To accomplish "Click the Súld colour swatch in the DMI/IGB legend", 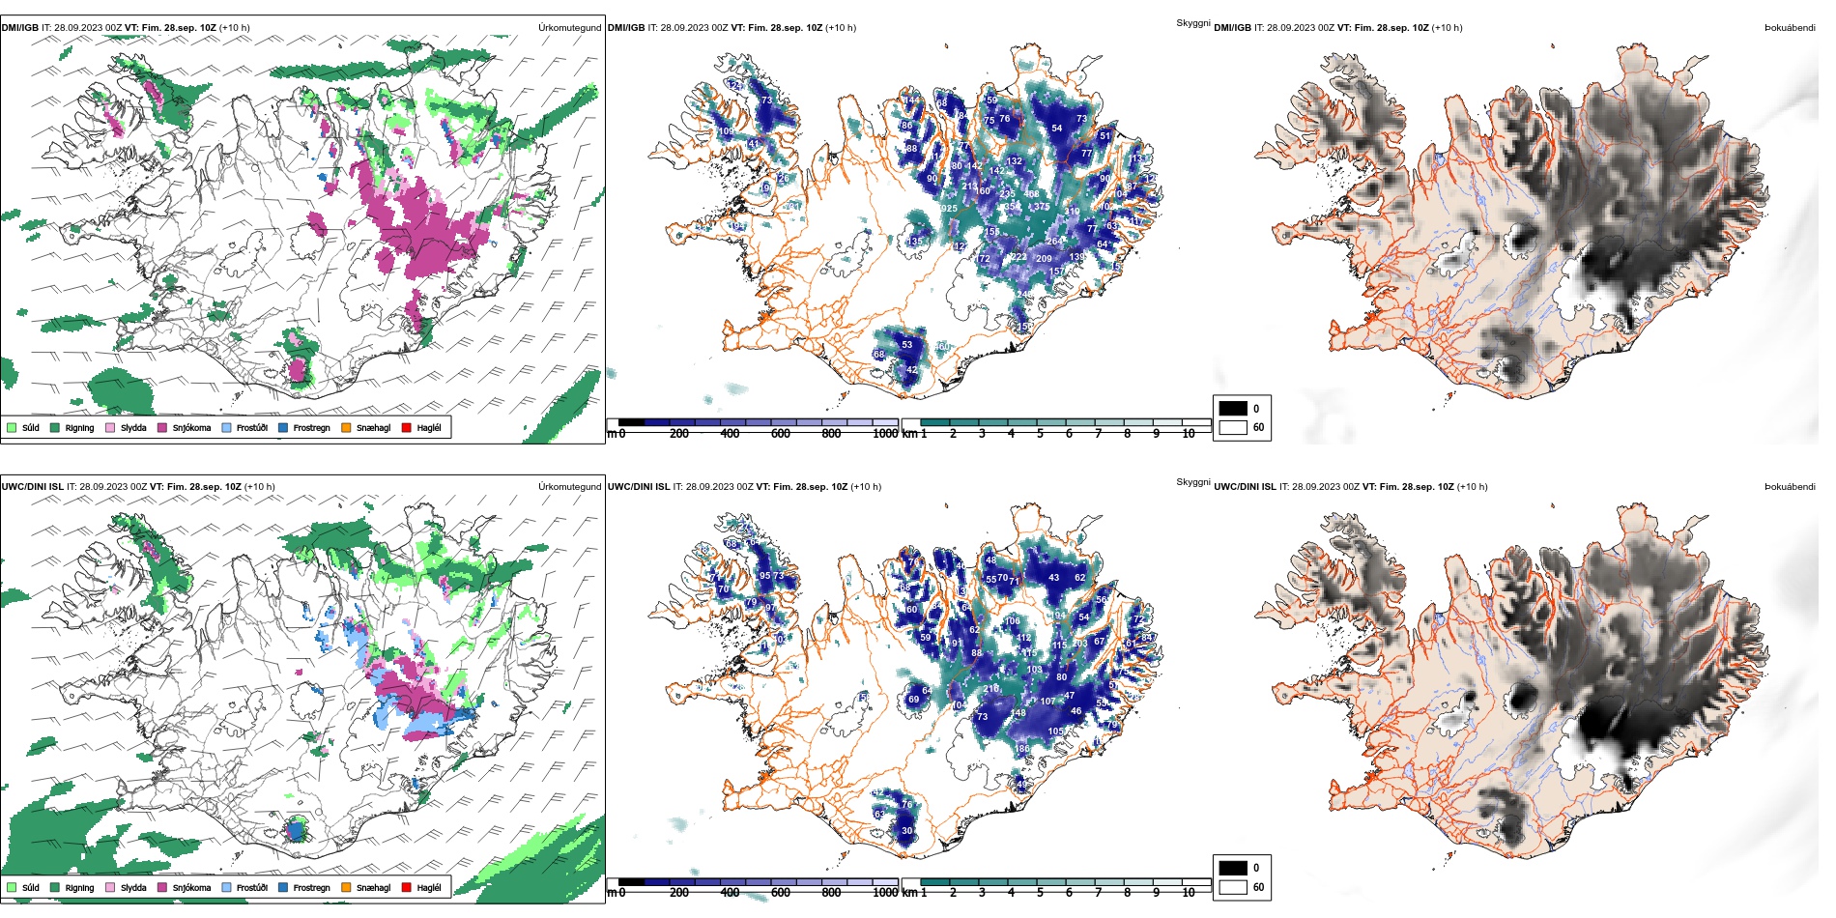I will [x=12, y=427].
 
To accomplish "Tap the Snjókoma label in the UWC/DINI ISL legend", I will [x=191, y=887].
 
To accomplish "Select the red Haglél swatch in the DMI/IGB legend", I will [x=407, y=427].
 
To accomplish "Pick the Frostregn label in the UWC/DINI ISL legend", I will [x=311, y=887].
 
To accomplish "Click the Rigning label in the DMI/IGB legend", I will [x=79, y=427].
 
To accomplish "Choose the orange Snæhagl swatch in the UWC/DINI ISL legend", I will [x=346, y=887].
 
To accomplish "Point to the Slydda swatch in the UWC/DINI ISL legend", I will [x=110, y=887].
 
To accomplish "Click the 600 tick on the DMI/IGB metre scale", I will [x=781, y=434].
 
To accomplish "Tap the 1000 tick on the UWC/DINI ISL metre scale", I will [x=885, y=893].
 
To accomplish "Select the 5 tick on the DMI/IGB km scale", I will [x=1040, y=434].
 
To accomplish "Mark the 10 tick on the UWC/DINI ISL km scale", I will [x=1189, y=893].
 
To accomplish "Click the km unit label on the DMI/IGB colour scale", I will [x=909, y=434].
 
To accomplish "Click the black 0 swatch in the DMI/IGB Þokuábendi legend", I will [x=1233, y=409].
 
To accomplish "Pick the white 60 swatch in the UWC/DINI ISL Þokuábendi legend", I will [x=1233, y=887].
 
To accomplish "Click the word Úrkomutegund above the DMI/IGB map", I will [x=569, y=27].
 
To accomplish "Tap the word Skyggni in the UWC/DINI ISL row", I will [x=1192, y=481].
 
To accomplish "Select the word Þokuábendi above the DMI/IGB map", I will [x=1790, y=27].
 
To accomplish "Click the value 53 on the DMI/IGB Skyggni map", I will [x=907, y=344].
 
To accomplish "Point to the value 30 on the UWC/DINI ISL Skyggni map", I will [x=907, y=830].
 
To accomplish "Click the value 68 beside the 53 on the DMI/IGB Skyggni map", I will [x=878, y=355].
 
